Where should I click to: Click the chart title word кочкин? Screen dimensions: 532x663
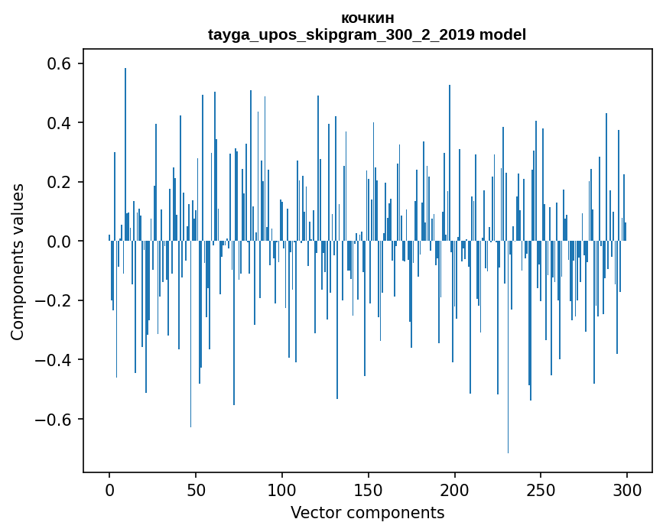pos(367,18)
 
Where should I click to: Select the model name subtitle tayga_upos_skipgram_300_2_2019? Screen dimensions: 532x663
pos(367,34)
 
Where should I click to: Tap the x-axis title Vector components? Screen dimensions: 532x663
pos(367,512)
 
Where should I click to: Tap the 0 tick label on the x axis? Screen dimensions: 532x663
pos(109,488)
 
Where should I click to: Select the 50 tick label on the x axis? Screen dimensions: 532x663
pos(196,488)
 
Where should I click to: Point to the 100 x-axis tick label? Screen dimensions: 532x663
pos(282,488)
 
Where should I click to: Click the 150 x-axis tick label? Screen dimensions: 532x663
pos(369,488)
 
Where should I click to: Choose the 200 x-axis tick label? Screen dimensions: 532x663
pos(455,488)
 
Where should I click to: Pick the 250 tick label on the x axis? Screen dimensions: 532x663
pos(541,488)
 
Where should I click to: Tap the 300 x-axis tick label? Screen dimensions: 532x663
pos(627,488)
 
